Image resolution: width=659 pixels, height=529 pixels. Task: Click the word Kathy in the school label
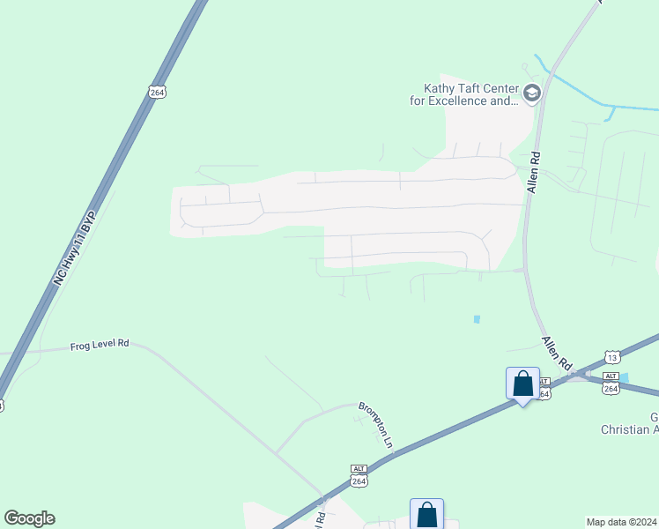pos(441,88)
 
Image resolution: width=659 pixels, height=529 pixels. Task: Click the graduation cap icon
pos(531,93)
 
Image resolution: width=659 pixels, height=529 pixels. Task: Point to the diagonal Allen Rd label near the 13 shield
pos(558,354)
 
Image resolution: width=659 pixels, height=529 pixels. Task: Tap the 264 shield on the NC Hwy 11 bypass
pos(157,92)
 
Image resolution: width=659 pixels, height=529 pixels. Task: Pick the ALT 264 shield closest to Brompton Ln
pos(359,476)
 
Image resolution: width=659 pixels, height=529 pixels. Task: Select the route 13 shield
pos(611,356)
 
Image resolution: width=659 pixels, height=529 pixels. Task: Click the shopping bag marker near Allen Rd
pos(522,384)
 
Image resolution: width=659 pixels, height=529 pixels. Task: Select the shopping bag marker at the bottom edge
pos(426,514)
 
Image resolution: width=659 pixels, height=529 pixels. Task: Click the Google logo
pos(29,518)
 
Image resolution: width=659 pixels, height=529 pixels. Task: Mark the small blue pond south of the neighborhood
pos(477,318)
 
